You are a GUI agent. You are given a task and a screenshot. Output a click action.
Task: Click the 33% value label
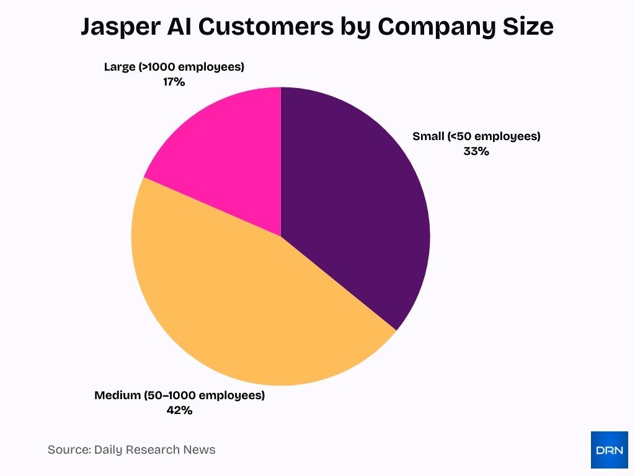point(476,151)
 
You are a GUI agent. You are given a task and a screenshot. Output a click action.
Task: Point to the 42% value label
point(179,410)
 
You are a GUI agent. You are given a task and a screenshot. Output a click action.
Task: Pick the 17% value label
point(174,81)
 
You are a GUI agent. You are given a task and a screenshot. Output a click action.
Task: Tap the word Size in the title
point(527,27)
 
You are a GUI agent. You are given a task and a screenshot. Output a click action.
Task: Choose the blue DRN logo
point(609,449)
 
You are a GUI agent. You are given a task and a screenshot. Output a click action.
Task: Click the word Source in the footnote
point(68,449)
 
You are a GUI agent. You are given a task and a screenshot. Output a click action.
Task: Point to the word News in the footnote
point(199,449)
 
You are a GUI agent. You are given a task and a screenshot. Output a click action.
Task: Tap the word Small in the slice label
point(428,136)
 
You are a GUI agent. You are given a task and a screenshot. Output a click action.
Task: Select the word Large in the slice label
point(119,66)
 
